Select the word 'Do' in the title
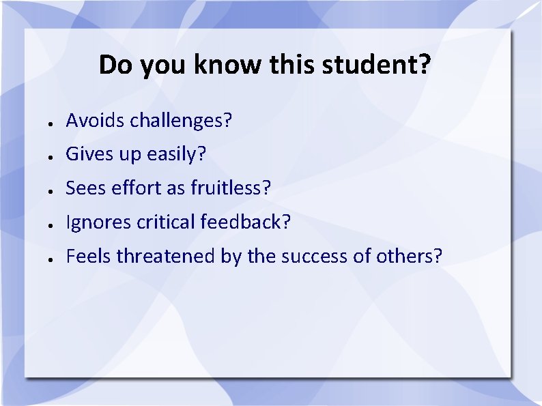[x=114, y=66]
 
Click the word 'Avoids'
[x=96, y=121]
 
